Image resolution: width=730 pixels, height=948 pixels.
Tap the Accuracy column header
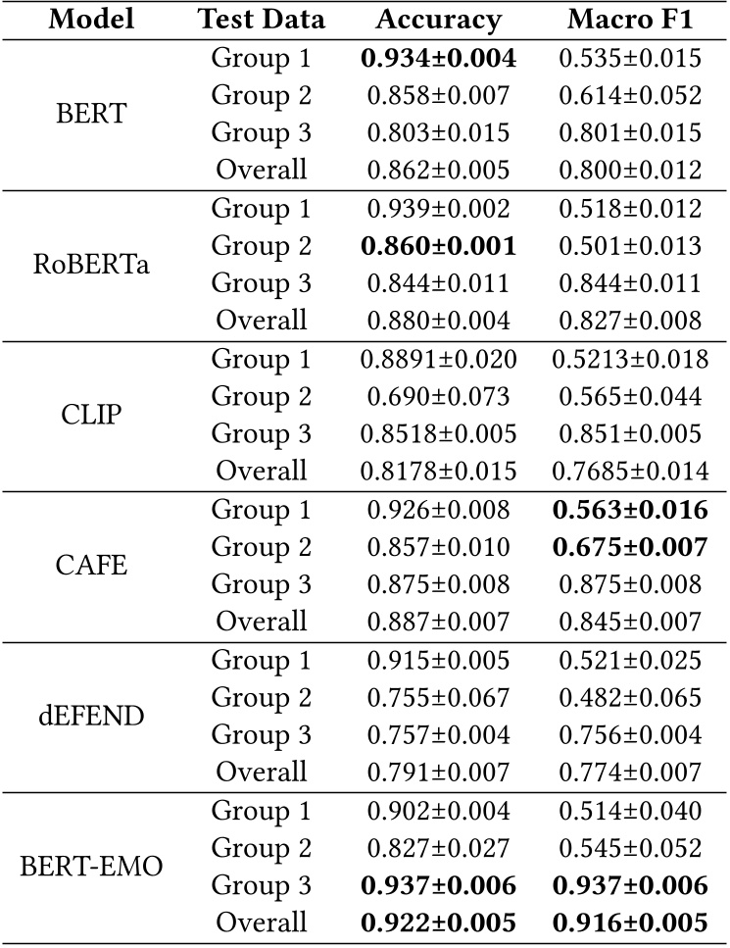pos(438,20)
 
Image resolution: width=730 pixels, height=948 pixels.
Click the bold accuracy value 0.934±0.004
pos(438,58)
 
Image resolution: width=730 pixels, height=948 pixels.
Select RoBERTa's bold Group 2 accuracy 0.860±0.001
pos(438,245)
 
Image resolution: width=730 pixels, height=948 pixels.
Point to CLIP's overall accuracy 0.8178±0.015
pos(438,471)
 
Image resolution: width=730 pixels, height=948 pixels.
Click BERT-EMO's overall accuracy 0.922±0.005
pos(438,923)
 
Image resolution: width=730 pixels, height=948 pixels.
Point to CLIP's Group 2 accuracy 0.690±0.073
pos(438,396)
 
